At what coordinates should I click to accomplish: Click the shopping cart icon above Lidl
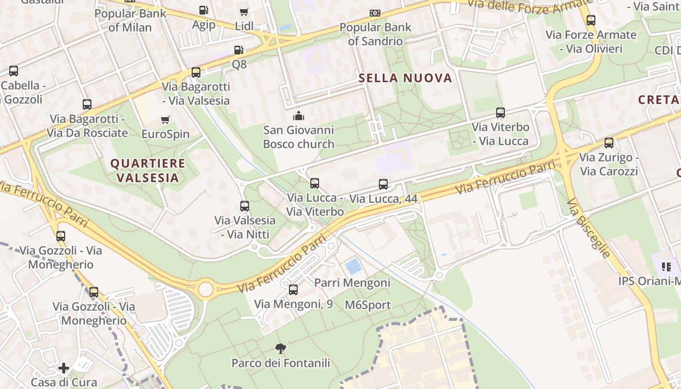click(244, 12)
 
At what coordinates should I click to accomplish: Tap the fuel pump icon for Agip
click(203, 10)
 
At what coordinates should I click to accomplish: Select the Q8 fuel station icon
click(238, 50)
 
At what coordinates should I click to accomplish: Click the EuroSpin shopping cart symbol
click(165, 120)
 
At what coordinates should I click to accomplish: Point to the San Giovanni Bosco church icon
click(298, 116)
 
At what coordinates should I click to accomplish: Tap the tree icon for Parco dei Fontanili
click(280, 348)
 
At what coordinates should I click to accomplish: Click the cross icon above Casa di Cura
click(64, 368)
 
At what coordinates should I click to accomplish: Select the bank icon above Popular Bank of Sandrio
click(375, 13)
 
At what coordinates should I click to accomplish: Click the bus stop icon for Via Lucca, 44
click(383, 184)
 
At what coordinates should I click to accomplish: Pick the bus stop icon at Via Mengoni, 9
click(293, 290)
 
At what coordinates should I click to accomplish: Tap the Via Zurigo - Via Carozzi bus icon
click(609, 143)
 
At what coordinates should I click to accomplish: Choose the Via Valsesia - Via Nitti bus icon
click(245, 206)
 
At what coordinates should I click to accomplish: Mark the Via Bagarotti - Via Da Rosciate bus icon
click(87, 105)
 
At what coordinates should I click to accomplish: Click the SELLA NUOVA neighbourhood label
click(405, 78)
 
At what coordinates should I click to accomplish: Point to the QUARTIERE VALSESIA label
click(147, 170)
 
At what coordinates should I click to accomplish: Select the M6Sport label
click(368, 305)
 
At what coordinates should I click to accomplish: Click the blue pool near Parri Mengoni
click(353, 266)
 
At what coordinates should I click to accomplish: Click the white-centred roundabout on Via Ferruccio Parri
click(205, 289)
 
